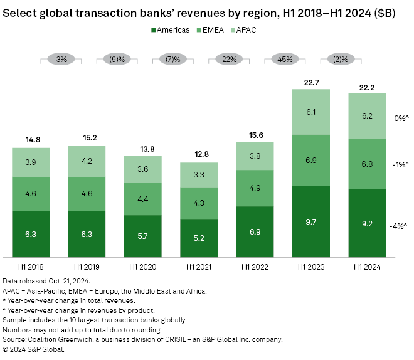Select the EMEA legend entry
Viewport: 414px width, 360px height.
(214, 29)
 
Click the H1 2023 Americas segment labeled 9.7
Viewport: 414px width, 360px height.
(311, 221)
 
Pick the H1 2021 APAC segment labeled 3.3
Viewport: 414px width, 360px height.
(199, 176)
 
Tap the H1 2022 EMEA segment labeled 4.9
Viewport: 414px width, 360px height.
(255, 188)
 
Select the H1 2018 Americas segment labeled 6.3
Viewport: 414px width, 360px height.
(31, 233)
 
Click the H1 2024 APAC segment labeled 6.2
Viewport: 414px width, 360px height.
(367, 116)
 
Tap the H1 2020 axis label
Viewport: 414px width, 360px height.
(143, 267)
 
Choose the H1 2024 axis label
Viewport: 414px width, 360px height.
(367, 267)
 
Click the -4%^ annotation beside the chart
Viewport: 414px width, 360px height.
(398, 226)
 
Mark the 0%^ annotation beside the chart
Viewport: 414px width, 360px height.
(400, 119)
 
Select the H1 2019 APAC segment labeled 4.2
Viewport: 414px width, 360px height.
(87, 160)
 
